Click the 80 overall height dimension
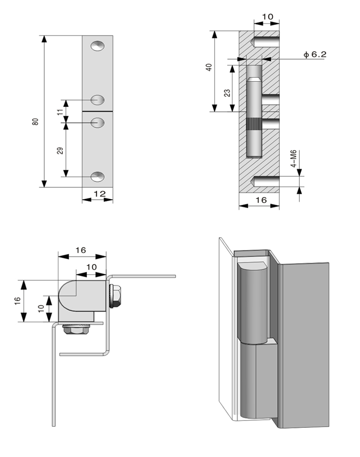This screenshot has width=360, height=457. click(36, 122)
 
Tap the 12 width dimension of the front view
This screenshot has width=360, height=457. click(100, 193)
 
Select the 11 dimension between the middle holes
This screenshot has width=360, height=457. click(60, 112)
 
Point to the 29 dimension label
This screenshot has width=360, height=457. click(60, 151)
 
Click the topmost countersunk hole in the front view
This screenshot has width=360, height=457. click(98, 46)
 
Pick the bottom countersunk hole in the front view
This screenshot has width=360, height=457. click(98, 176)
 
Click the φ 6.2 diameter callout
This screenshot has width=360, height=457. click(315, 54)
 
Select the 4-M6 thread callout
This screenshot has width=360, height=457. click(294, 159)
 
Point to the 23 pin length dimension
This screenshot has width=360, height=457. click(227, 93)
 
